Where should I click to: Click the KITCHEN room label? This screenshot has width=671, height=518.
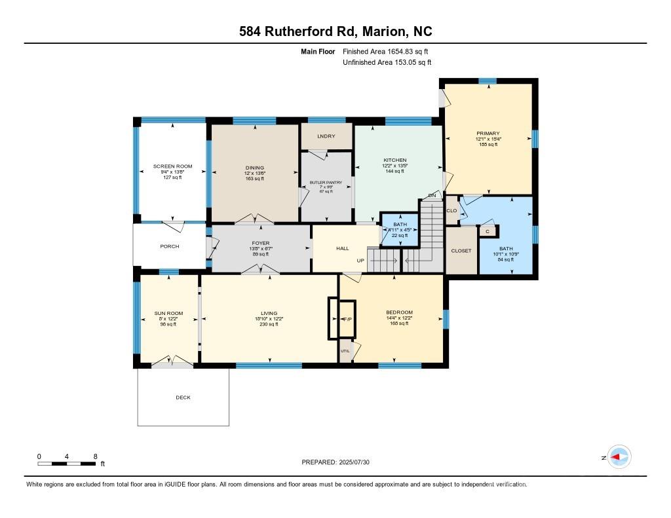395,160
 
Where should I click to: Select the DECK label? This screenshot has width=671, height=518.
183,398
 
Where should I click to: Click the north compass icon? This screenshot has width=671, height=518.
619,457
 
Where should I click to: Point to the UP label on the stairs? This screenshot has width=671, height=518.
360,261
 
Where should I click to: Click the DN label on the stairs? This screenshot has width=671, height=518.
432,195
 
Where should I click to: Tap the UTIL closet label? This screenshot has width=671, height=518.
345,351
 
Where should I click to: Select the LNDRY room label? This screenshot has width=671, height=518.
326,136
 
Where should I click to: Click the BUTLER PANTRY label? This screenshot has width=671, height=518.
326,181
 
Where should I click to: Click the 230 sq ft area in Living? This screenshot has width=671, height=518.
269,324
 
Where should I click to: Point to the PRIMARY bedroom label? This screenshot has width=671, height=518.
488,133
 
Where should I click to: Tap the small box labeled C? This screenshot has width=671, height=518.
488,231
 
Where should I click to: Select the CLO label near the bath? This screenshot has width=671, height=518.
451,211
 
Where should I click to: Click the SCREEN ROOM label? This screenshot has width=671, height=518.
172,166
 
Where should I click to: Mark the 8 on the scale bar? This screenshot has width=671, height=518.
96,456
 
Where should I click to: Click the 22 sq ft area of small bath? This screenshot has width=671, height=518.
395,236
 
